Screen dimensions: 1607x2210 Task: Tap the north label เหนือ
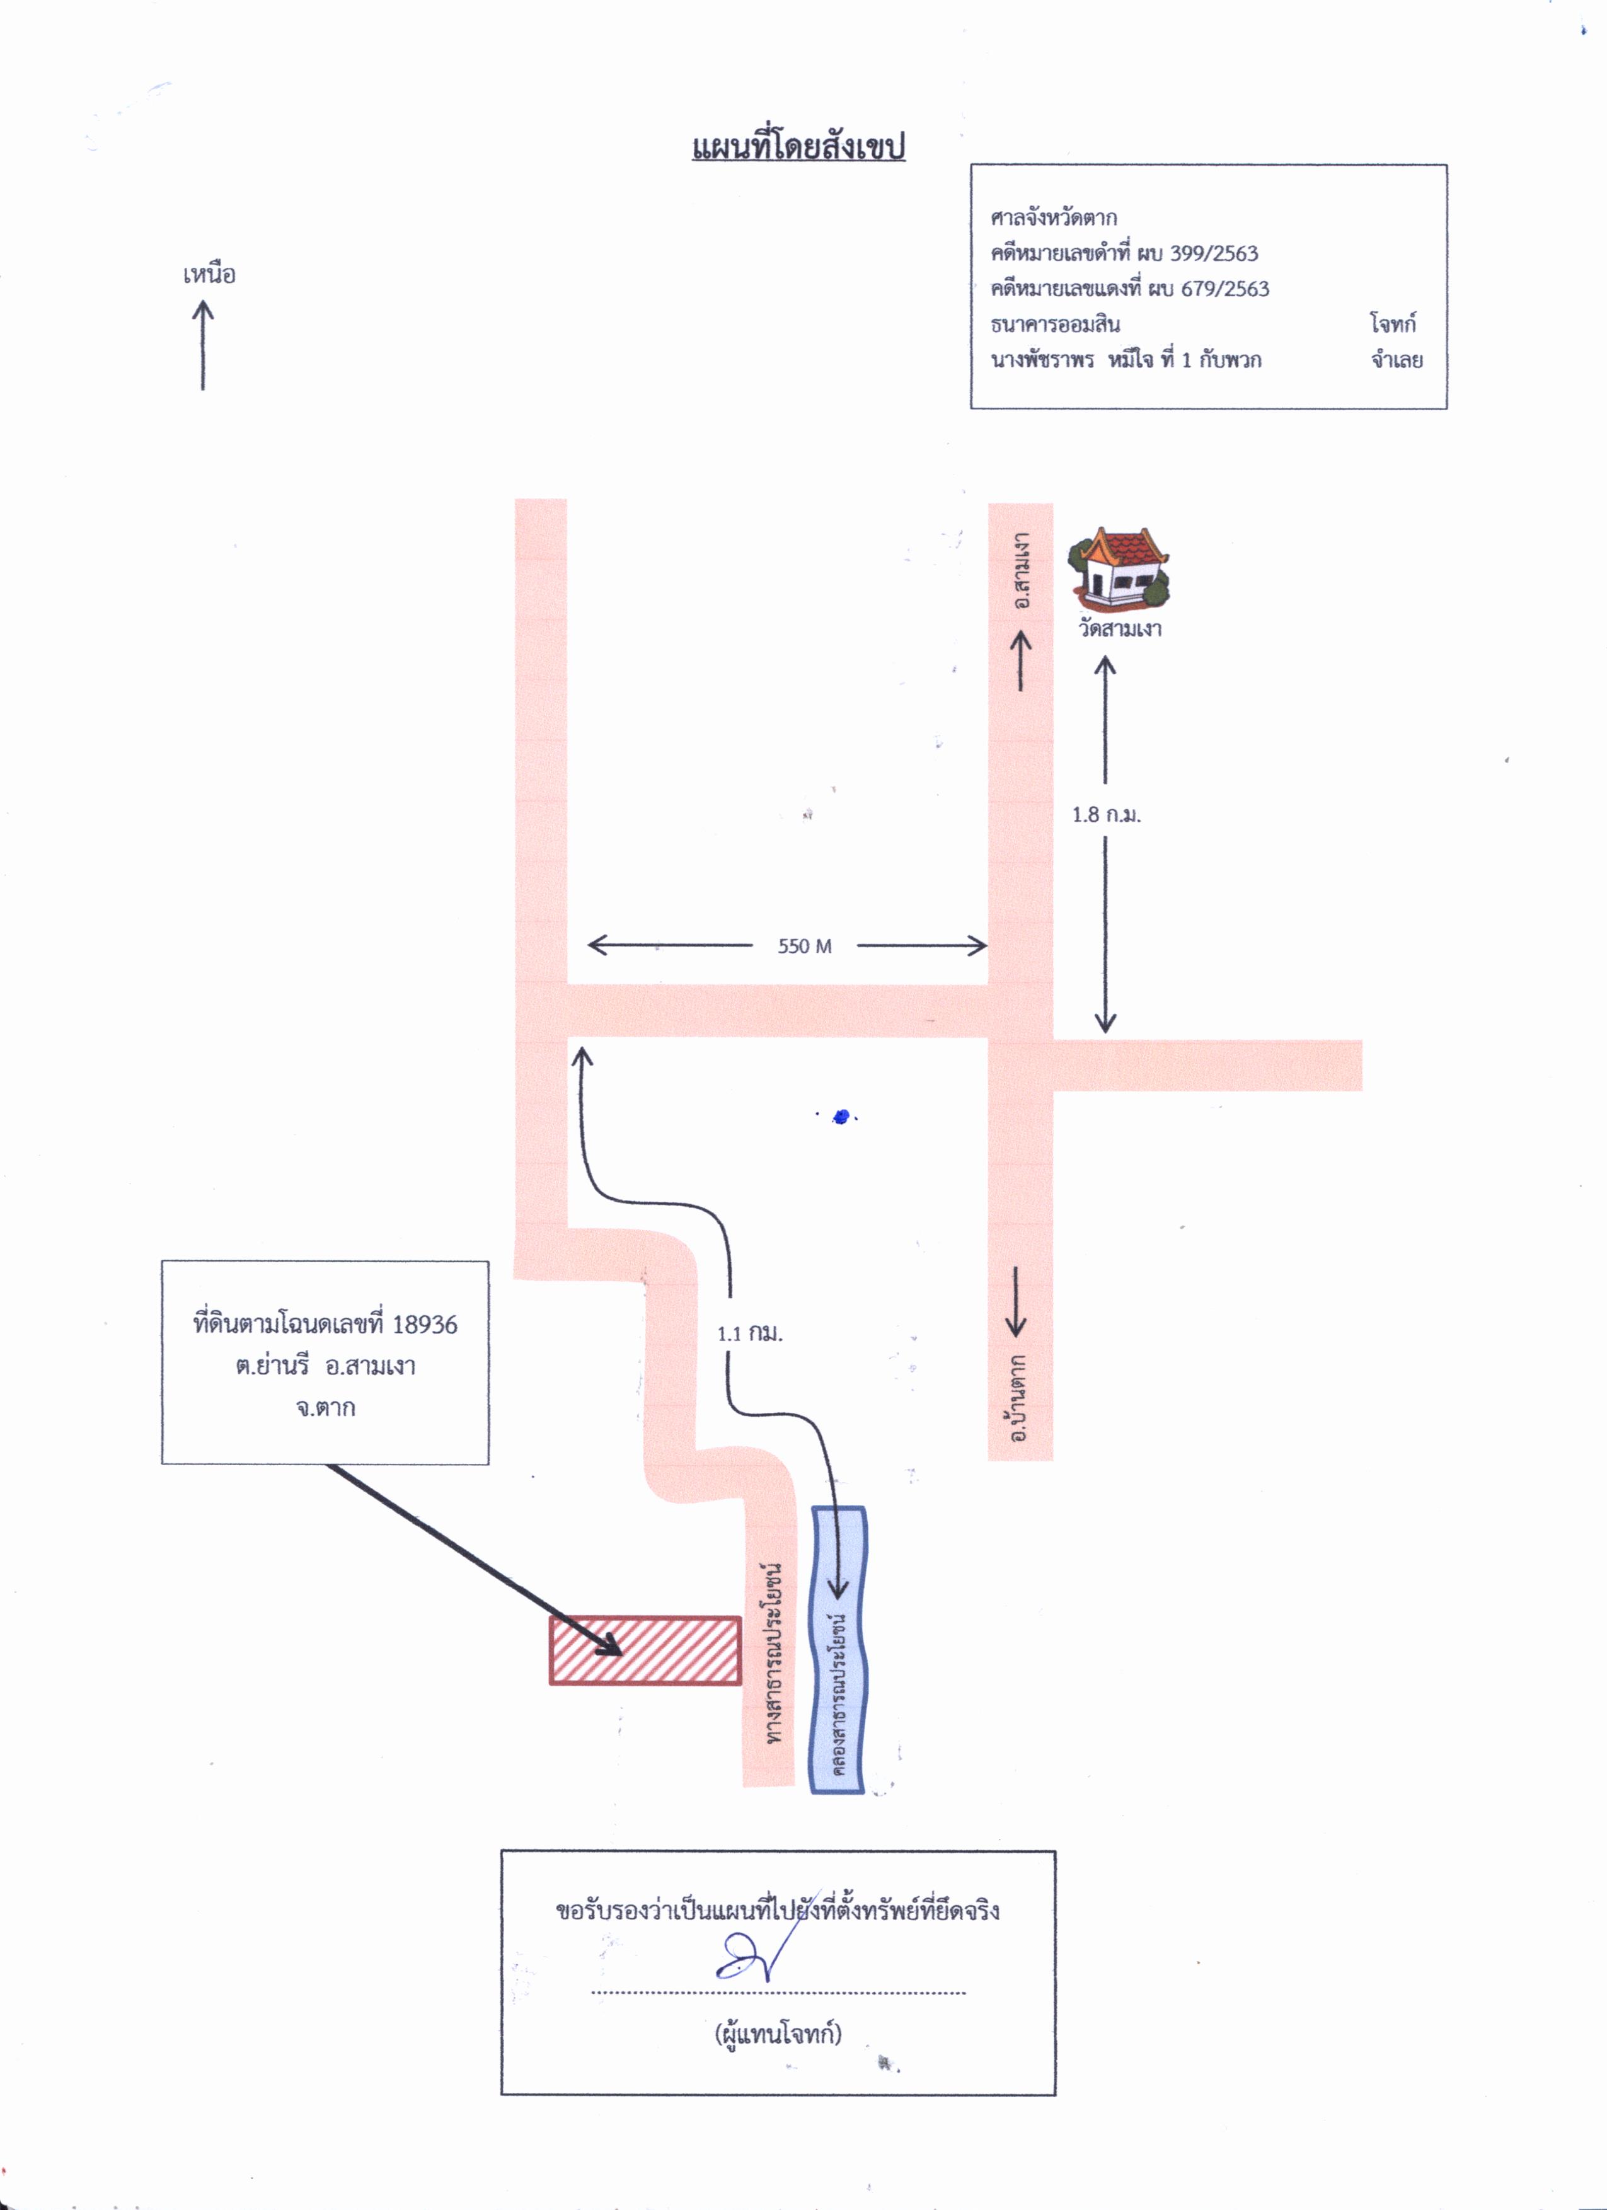209,274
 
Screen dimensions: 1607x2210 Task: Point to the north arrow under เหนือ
203,345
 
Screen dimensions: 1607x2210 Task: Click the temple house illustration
1119,567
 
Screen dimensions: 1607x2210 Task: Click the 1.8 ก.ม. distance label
1106,815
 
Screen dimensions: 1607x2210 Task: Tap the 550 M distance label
805,945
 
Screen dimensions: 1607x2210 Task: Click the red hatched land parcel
645,1650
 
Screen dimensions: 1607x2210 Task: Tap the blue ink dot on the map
842,1117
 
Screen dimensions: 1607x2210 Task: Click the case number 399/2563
1213,253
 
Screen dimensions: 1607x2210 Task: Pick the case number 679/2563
1225,289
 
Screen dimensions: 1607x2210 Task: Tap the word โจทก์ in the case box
1393,323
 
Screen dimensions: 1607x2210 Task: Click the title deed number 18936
425,1324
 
